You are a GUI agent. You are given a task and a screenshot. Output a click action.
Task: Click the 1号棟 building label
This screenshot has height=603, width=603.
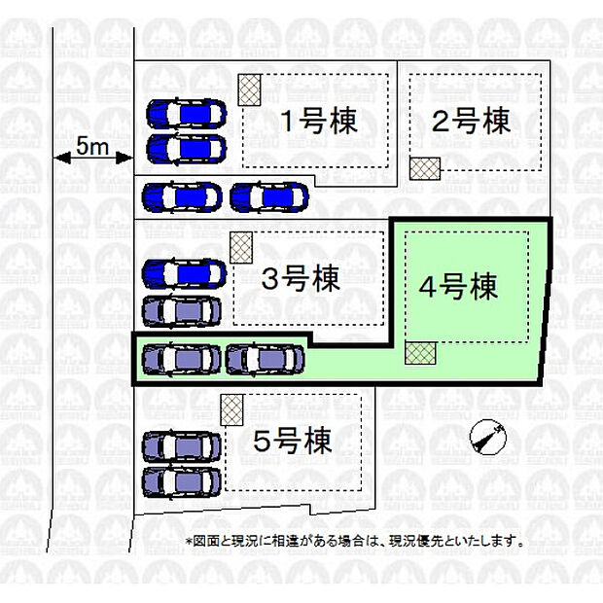point(319,122)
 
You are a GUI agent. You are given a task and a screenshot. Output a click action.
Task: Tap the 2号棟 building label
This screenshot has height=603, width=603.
point(471,122)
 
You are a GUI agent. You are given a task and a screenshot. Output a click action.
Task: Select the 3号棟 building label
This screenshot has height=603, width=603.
point(301,278)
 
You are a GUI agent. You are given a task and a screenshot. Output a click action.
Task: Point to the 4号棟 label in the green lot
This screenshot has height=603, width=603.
point(458,287)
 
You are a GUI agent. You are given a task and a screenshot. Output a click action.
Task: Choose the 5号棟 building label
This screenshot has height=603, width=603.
point(293,441)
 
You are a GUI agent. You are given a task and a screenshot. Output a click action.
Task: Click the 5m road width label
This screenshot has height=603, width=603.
point(92,146)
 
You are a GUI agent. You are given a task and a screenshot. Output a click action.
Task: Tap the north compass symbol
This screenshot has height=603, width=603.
point(488,438)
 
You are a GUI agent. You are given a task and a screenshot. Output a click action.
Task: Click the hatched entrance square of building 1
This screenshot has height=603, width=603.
point(250,90)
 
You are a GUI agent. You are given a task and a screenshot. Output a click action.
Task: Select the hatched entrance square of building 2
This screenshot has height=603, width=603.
point(425,168)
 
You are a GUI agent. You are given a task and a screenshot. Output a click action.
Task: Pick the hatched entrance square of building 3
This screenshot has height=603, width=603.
point(241,248)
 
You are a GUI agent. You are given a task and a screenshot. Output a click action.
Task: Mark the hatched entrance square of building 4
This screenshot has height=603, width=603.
point(420,353)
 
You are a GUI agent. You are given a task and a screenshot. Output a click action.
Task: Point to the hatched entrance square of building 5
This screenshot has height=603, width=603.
point(231,410)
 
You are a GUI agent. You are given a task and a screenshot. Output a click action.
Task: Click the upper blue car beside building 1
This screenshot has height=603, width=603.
point(187,114)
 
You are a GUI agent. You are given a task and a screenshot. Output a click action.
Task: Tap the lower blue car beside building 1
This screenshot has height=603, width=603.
point(187,149)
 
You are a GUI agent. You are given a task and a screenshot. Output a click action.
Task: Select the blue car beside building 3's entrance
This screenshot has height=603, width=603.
point(184,274)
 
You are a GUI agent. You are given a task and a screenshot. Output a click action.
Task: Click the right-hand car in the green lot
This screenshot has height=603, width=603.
point(265,360)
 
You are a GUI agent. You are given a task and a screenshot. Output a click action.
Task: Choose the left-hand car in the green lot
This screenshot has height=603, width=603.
point(182,360)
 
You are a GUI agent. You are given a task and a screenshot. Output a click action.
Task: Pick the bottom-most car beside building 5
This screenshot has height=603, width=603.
point(182,482)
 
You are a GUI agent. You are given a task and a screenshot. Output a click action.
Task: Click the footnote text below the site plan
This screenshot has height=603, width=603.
point(355,542)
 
